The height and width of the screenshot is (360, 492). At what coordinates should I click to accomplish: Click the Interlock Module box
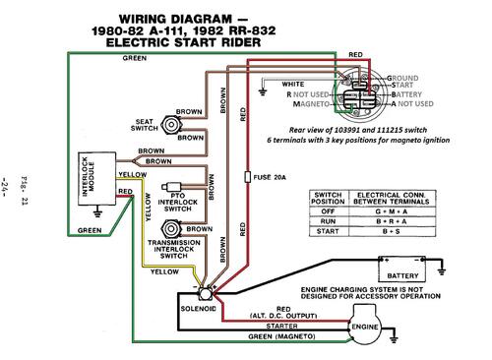[x=97, y=179]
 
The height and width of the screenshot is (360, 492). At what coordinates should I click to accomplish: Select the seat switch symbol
[x=171, y=125]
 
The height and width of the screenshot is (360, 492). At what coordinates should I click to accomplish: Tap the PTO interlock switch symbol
[x=171, y=187]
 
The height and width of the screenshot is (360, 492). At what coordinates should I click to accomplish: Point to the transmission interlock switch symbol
[x=171, y=229]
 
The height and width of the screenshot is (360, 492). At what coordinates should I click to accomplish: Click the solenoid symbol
[x=205, y=294]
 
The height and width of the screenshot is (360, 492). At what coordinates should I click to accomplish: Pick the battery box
[x=402, y=269]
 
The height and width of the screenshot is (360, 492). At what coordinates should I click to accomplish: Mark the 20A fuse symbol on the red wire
[x=248, y=177]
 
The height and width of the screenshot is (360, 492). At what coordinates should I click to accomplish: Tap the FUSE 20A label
[x=270, y=177]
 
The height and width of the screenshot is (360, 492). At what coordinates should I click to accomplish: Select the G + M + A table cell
[x=392, y=211]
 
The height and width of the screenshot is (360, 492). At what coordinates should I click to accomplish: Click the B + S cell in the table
[x=392, y=231]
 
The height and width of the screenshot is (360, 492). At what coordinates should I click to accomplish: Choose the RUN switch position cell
[x=328, y=221]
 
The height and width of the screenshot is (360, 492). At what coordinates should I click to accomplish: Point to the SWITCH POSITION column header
[x=328, y=199]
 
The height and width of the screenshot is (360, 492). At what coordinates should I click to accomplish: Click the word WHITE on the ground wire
[x=293, y=85]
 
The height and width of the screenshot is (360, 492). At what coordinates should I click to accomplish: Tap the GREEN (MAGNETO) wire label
[x=281, y=336]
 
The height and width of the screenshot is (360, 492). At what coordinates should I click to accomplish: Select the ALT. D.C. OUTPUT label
[x=283, y=316]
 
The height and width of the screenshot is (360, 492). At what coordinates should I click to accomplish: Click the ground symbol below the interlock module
[x=97, y=213]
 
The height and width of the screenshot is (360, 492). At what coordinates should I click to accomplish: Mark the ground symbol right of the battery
[x=442, y=269]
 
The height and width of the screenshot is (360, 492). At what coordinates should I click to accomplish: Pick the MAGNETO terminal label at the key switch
[x=311, y=104]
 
